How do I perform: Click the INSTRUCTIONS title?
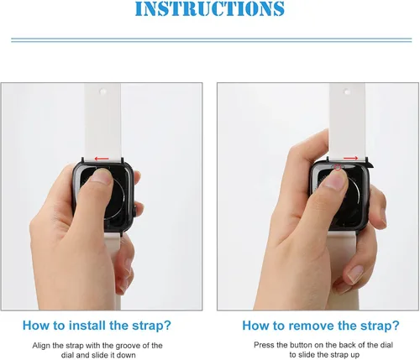coord(210,8)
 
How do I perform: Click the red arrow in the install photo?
coord(102,159)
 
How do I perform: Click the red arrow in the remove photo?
coord(350,158)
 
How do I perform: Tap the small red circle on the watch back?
coord(338,167)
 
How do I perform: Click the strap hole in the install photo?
coord(102,91)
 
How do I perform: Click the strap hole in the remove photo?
coord(347,91)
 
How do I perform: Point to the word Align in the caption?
coord(40,346)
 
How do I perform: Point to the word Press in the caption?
coord(264,345)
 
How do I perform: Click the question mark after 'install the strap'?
coord(167,326)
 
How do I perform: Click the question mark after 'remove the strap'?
coord(396,326)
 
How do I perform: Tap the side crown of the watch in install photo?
coord(135,211)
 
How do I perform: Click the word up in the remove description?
coord(354,355)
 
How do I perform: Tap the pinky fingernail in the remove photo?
coord(355,274)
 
